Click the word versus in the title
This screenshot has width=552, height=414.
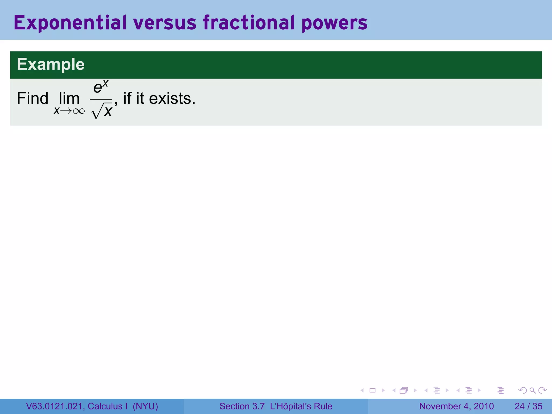(x=165, y=23)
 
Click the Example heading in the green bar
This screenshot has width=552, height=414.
(x=51, y=64)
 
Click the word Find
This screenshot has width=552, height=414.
(x=33, y=98)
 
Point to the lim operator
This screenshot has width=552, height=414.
(x=69, y=98)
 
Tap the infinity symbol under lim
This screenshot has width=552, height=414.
(x=79, y=111)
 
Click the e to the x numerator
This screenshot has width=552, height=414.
(x=101, y=87)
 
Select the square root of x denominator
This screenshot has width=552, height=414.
(x=102, y=111)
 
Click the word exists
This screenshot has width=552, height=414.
(x=172, y=98)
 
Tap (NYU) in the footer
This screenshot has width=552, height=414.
(x=145, y=406)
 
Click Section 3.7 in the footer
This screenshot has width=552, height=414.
(x=242, y=406)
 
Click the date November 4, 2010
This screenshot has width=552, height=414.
(x=456, y=406)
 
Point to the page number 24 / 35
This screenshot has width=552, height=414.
(x=528, y=406)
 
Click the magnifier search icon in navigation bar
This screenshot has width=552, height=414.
(x=532, y=390)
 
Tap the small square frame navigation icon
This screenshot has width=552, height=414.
(x=372, y=390)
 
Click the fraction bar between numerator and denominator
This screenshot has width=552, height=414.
(x=101, y=99)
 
